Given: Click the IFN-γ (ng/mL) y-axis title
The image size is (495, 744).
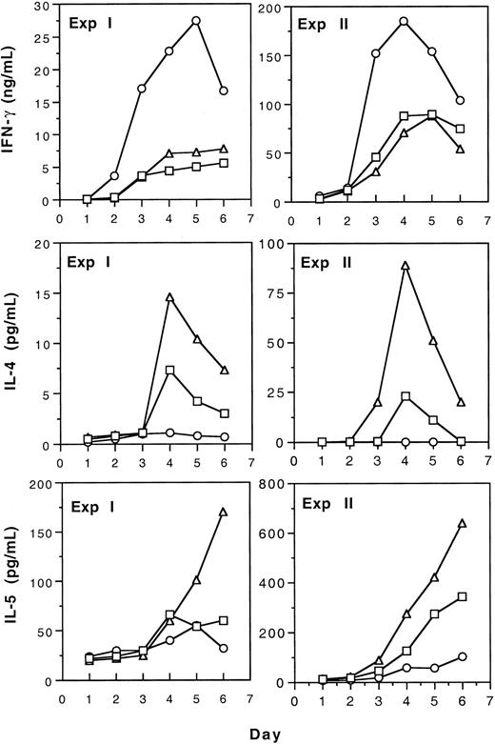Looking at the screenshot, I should (x=13, y=105).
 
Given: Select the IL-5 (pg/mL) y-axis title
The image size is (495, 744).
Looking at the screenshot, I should (x=13, y=588).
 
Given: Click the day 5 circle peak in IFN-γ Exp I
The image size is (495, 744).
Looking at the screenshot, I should (x=197, y=20).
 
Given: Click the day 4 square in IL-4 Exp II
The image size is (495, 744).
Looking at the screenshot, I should (x=404, y=396).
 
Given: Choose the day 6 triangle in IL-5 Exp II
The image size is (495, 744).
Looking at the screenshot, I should (x=460, y=523).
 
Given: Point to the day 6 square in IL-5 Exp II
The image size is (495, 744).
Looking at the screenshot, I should (x=460, y=596).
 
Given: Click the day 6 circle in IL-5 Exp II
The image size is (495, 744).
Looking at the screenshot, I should (x=460, y=657).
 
